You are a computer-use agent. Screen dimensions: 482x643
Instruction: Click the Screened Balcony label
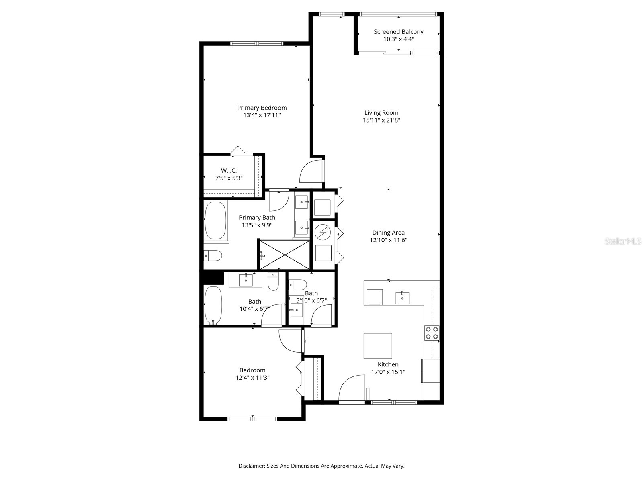pyautogui.click(x=398, y=32)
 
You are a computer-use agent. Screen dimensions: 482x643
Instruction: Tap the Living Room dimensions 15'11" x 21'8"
pyautogui.click(x=381, y=120)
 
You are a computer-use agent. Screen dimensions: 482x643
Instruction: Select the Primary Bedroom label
pyautogui.click(x=262, y=108)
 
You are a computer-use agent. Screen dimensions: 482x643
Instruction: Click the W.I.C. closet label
pyautogui.click(x=229, y=171)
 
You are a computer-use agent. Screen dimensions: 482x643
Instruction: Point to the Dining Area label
pyautogui.click(x=388, y=233)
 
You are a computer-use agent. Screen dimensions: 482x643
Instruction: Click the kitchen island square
pyautogui.click(x=378, y=346)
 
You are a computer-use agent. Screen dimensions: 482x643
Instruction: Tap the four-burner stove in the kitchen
pyautogui.click(x=432, y=333)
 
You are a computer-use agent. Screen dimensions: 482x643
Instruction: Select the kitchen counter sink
pyautogui.click(x=402, y=298)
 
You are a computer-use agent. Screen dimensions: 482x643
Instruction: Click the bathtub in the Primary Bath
pyautogui.click(x=215, y=221)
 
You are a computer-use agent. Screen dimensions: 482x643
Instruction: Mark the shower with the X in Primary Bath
pyautogui.click(x=285, y=255)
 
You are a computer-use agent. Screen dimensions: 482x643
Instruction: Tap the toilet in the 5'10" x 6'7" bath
pyautogui.click(x=297, y=284)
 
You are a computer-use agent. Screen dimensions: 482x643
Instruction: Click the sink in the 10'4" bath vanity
pyautogui.click(x=246, y=280)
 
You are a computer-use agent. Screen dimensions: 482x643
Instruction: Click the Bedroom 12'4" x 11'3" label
pyautogui.click(x=252, y=370)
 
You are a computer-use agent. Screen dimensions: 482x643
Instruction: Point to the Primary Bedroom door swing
pyautogui.click(x=311, y=172)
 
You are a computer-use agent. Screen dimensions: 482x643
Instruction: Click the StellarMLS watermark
pyautogui.click(x=623, y=241)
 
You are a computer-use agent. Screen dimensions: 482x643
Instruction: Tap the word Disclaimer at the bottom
pyautogui.click(x=251, y=466)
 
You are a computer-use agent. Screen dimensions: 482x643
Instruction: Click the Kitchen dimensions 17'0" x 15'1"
pyautogui.click(x=388, y=372)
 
